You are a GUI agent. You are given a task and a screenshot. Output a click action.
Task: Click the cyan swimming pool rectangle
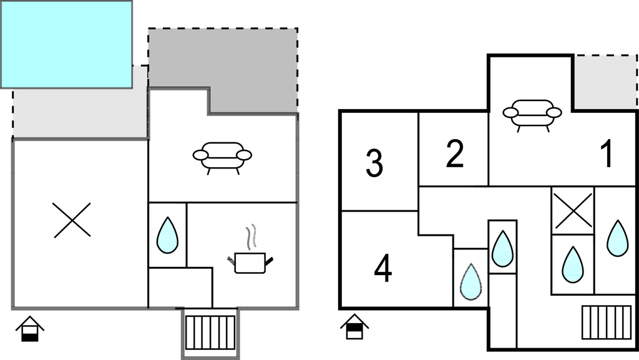pyautogui.click(x=66, y=44)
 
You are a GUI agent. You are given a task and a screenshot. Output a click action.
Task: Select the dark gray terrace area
pyautogui.click(x=250, y=72)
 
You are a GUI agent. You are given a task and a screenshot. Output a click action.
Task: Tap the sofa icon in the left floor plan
pyautogui.click(x=222, y=156)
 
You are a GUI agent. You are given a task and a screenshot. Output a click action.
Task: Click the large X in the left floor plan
pyautogui.click(x=72, y=220)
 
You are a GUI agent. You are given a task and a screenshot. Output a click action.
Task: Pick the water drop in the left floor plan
pyautogui.click(x=167, y=235)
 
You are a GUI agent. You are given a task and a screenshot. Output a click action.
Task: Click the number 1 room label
pyautogui.click(x=607, y=154)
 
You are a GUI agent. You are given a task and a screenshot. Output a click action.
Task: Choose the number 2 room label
pyautogui.click(x=455, y=154)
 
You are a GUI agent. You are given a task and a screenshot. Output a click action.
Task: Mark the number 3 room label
pyautogui.click(x=374, y=163)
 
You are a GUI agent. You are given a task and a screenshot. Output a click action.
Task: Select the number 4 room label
pyautogui.click(x=383, y=270)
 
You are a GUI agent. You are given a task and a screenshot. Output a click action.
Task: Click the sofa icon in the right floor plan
pyautogui.click(x=532, y=114)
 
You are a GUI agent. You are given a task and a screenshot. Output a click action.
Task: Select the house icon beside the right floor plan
pyautogui.click(x=354, y=326)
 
